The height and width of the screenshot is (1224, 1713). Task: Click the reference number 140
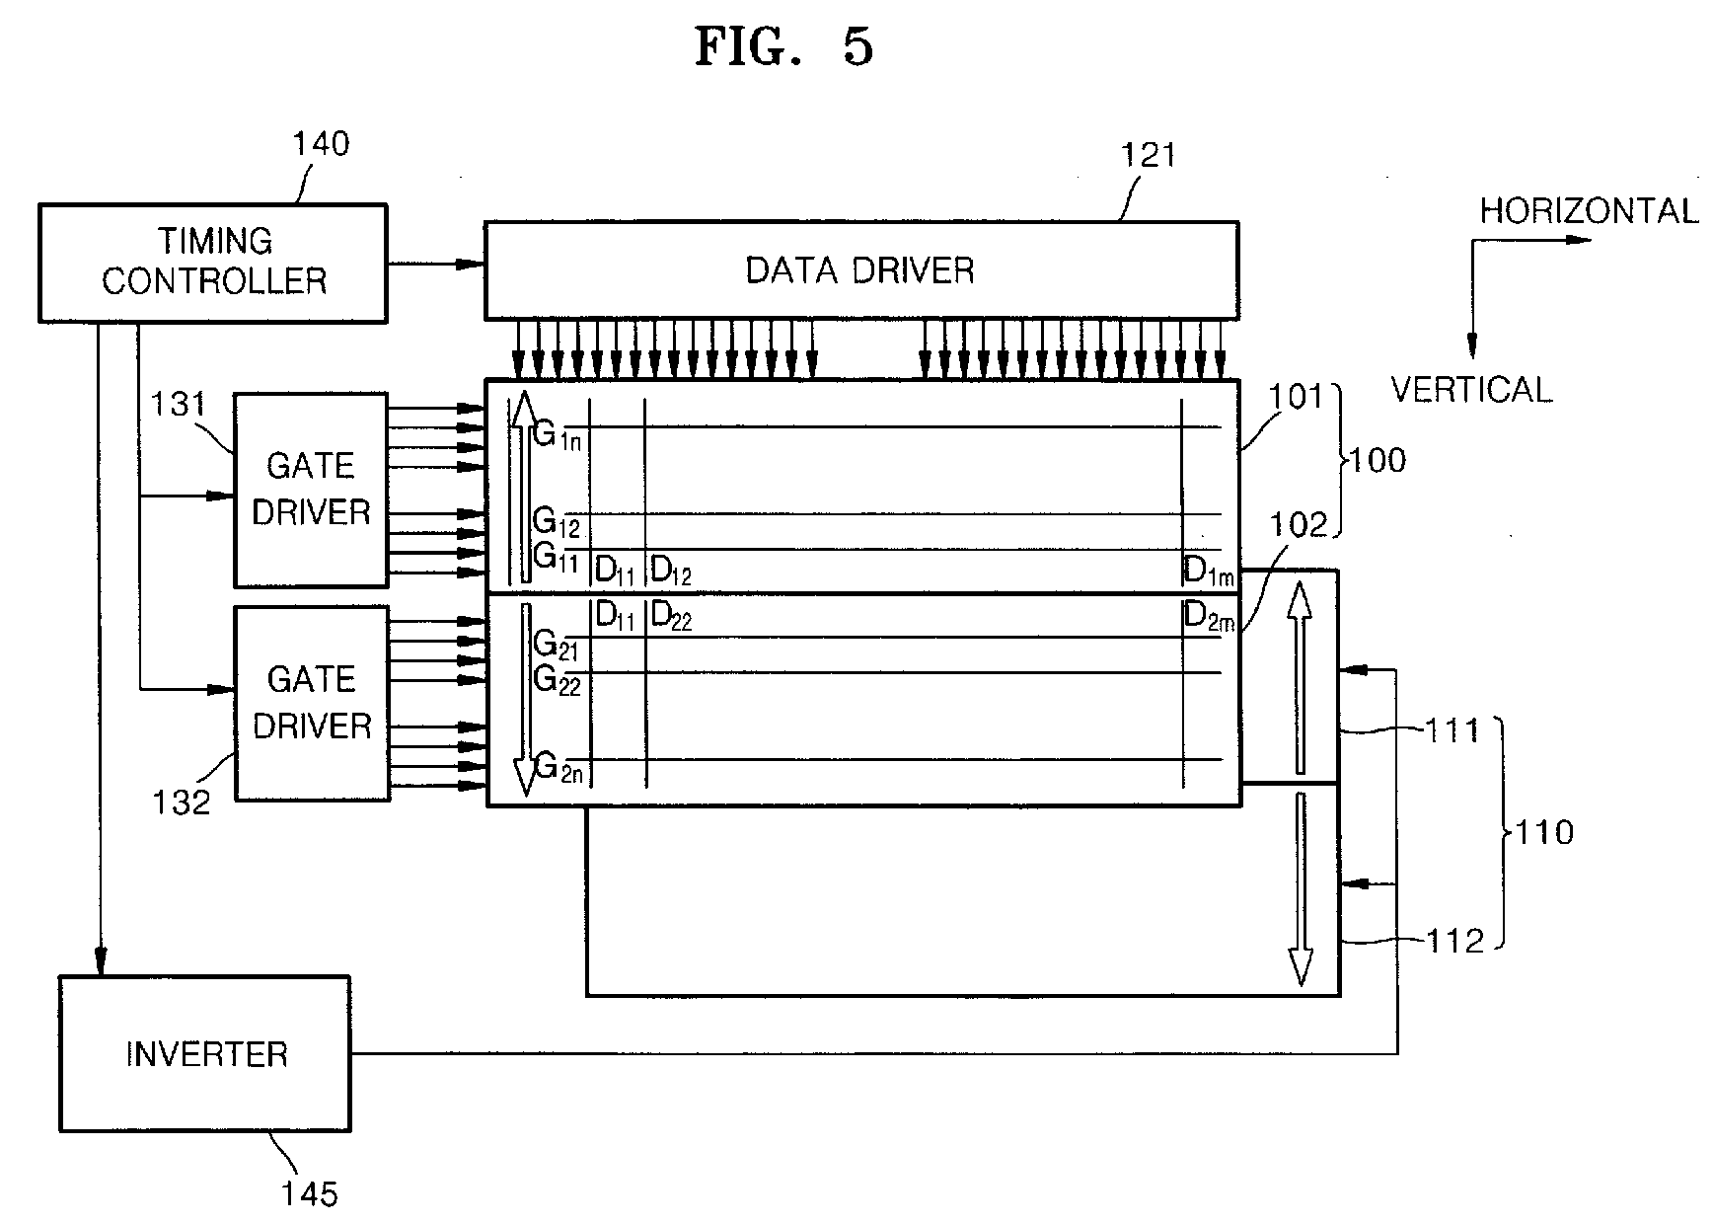(x=321, y=144)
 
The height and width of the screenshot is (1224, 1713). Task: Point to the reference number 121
(x=1149, y=155)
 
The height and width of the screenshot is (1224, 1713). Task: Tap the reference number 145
(x=310, y=1194)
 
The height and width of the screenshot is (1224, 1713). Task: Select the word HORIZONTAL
(x=1589, y=211)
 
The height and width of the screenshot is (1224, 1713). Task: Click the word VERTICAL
(x=1471, y=390)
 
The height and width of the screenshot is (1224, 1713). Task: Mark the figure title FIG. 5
(x=784, y=46)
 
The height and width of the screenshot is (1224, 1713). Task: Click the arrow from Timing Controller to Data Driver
(x=435, y=264)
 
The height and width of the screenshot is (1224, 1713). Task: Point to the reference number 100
(x=1378, y=460)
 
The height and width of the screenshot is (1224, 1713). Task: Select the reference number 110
(x=1544, y=832)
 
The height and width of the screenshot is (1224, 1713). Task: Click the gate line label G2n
(x=559, y=767)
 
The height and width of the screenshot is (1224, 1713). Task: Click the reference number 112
(x=1455, y=941)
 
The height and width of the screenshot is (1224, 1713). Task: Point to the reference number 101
(x=1294, y=396)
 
